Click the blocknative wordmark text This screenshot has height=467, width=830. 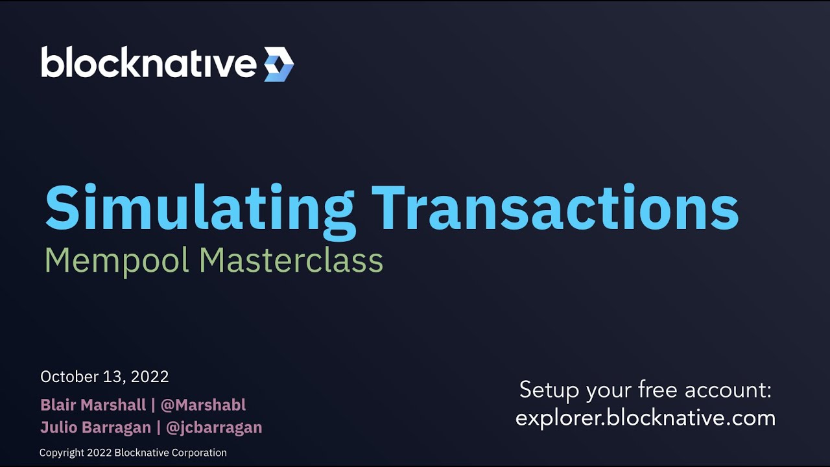[148, 63]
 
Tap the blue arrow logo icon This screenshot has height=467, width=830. [279, 64]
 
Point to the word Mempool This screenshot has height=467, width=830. [117, 261]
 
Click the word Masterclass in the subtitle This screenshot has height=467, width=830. [291, 261]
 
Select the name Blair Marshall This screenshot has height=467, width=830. [93, 405]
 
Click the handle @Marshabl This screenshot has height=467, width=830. [203, 405]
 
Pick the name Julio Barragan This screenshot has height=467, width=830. [95, 427]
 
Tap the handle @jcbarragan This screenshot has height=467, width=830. [213, 427]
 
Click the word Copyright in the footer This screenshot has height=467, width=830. [62, 453]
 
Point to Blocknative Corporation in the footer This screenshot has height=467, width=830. [171, 453]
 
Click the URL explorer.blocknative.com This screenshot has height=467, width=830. [645, 418]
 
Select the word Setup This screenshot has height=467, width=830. [550, 390]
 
